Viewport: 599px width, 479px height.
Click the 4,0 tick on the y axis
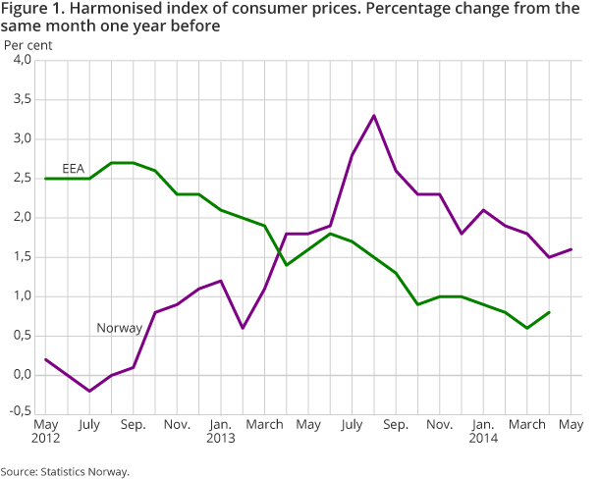tap(22, 61)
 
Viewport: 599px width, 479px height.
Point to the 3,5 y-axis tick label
tap(22, 100)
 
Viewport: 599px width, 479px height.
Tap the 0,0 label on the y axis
tap(22, 375)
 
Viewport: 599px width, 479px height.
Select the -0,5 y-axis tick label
tap(20, 414)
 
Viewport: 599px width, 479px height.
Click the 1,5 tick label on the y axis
tap(22, 257)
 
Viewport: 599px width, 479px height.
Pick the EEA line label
tap(73, 169)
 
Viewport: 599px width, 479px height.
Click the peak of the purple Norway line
tap(374, 116)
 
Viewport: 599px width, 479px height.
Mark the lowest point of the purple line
tap(90, 391)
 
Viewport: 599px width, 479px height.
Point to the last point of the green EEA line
tap(548, 312)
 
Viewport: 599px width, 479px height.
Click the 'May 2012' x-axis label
tap(46, 432)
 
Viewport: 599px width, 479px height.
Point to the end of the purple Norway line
tap(572, 249)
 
